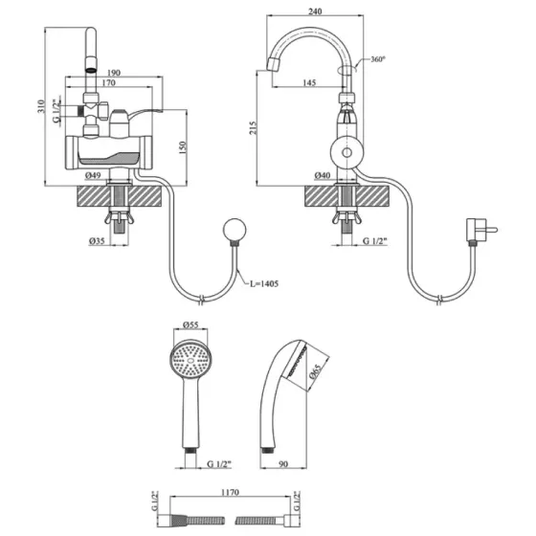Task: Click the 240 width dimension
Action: click(x=315, y=11)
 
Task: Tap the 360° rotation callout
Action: click(x=378, y=59)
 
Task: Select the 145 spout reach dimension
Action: click(x=309, y=82)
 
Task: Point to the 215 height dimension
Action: click(x=253, y=127)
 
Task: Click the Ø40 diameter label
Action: click(x=323, y=175)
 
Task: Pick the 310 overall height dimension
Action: click(x=41, y=106)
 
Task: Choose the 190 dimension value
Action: click(x=114, y=73)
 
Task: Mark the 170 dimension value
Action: click(x=109, y=82)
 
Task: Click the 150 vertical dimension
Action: click(x=183, y=147)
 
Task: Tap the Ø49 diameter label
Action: click(x=93, y=175)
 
